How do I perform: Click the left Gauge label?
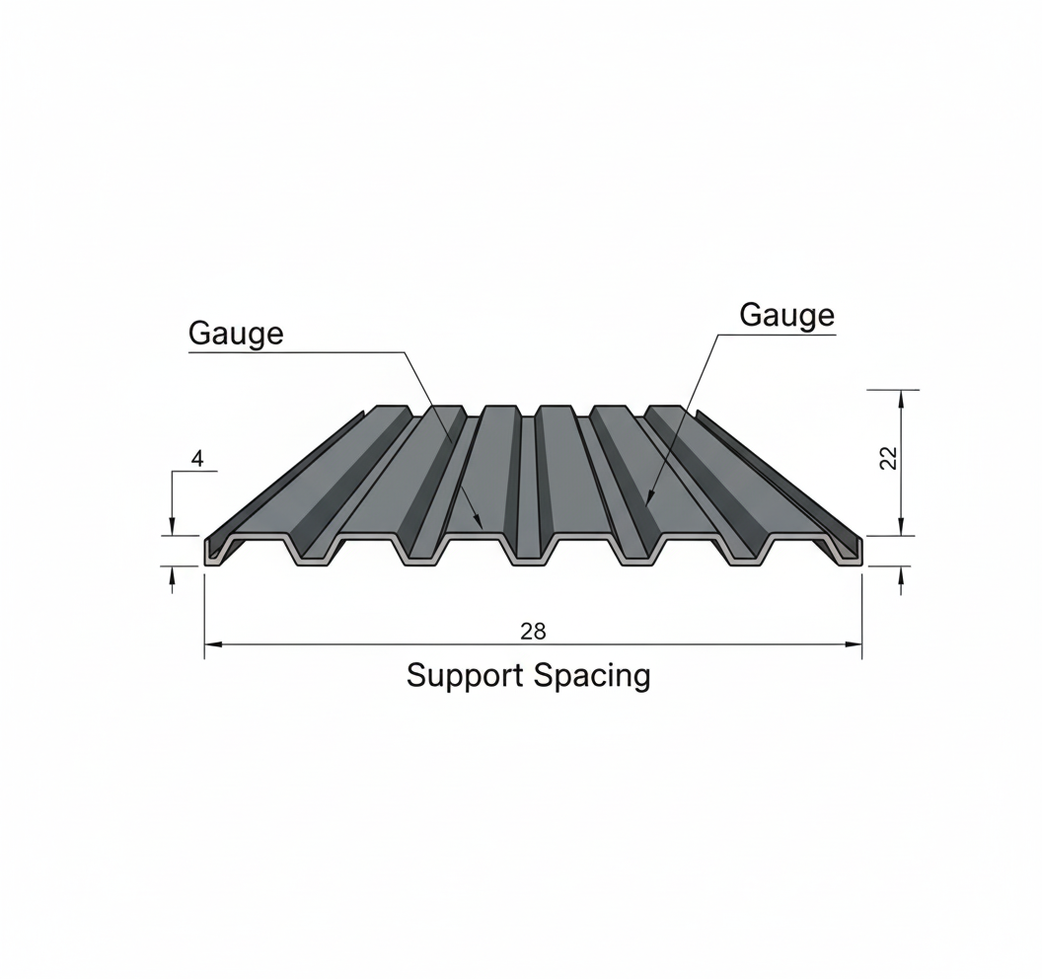[x=236, y=333]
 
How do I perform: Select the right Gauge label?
[x=786, y=315]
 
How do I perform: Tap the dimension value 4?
[x=197, y=459]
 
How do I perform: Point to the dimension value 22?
[x=888, y=458]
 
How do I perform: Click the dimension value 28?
[x=532, y=632]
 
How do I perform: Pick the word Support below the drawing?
[x=466, y=676]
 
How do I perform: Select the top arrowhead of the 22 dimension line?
[x=900, y=396]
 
